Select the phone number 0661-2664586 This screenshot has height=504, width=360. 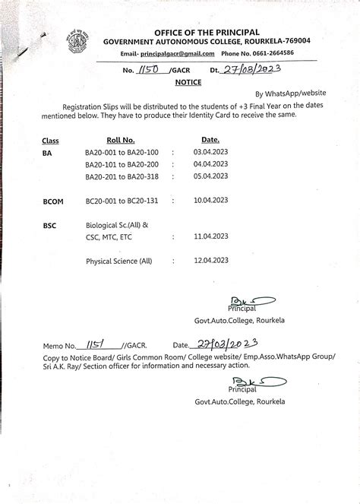tap(272, 54)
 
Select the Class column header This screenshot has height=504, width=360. tap(51, 141)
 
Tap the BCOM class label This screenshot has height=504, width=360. tap(54, 201)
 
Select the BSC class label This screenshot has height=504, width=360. tap(51, 226)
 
